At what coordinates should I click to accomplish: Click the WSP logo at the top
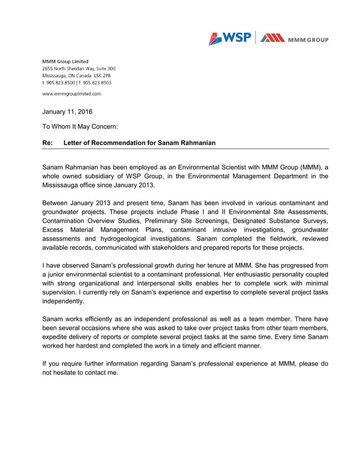coord(230,38)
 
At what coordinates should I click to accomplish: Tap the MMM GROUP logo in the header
coord(294,38)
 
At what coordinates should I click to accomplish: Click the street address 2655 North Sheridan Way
coord(68,68)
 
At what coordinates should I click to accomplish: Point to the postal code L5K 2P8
coord(102,75)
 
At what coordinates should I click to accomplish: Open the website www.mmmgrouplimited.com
coord(72,94)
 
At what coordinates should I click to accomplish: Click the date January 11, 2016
coord(67,112)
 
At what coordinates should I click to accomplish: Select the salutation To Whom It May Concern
coord(80,127)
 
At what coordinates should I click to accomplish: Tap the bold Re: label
coord(47,143)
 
